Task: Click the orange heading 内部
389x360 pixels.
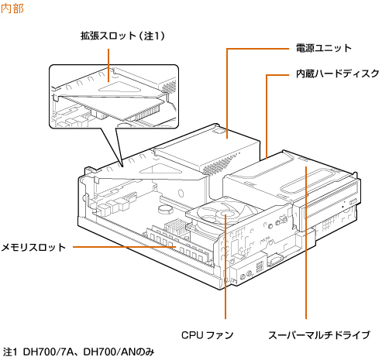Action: [x=12, y=9]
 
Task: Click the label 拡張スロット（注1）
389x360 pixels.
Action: [x=122, y=36]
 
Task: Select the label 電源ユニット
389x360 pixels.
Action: [x=324, y=48]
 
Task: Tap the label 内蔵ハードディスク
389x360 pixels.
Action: [x=337, y=74]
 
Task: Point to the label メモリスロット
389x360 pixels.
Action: [x=33, y=247]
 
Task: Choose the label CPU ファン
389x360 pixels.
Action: [x=207, y=335]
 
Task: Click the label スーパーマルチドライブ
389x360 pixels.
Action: [x=319, y=335]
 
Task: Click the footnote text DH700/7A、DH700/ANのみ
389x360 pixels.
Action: [x=88, y=352]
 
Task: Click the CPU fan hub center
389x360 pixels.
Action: [x=222, y=214]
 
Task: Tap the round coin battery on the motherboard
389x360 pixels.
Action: [x=164, y=208]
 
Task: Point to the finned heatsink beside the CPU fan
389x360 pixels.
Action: [x=176, y=227]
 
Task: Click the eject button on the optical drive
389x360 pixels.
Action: [x=353, y=201]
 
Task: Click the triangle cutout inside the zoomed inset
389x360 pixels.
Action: [x=119, y=87]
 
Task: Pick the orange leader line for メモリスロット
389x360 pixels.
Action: [x=125, y=247]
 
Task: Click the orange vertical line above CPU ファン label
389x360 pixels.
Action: [x=225, y=267]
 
